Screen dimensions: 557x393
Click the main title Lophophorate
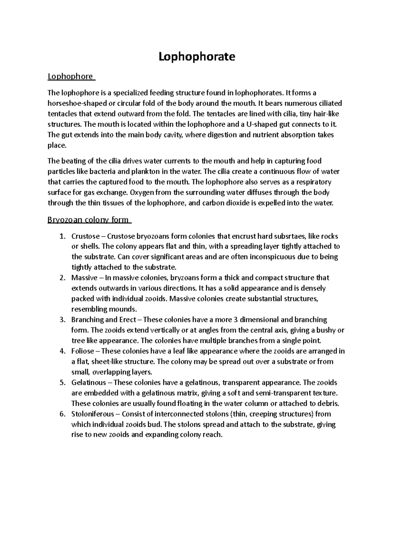coord(197,57)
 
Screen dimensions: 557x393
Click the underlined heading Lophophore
coord(70,76)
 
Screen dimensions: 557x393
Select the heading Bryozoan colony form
coord(88,220)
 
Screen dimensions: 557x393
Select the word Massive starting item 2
coord(84,278)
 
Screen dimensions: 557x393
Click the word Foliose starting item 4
coord(83,351)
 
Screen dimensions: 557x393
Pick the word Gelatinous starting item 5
coord(88,382)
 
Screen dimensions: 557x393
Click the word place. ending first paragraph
coord(57,145)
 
